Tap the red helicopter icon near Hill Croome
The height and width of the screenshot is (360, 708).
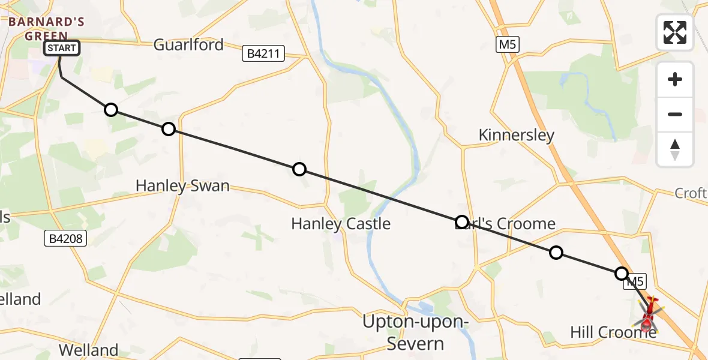click(x=649, y=314)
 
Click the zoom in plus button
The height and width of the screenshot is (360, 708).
click(x=675, y=79)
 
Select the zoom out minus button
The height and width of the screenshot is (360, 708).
click(x=675, y=114)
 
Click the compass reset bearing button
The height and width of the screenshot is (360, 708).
click(x=675, y=149)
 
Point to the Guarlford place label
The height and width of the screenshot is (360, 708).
click(x=188, y=44)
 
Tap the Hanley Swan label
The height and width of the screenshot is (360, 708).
click(x=182, y=186)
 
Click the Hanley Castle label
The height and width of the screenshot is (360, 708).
click(x=341, y=224)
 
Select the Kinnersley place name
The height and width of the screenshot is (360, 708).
click(x=517, y=135)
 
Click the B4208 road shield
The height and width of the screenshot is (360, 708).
click(x=66, y=239)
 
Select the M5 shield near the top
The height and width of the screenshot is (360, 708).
click(x=507, y=44)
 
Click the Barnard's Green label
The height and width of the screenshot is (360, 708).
click(x=46, y=29)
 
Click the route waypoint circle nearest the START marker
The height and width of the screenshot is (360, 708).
click(x=110, y=109)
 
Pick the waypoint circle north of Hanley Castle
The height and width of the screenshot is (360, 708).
click(x=299, y=169)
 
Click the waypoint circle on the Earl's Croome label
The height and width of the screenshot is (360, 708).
click(x=461, y=222)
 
